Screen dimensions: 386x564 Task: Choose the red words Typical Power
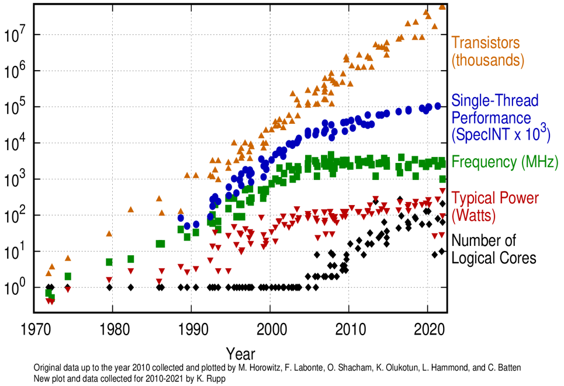pos(495,197)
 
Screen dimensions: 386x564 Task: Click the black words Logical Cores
pos(494,258)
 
